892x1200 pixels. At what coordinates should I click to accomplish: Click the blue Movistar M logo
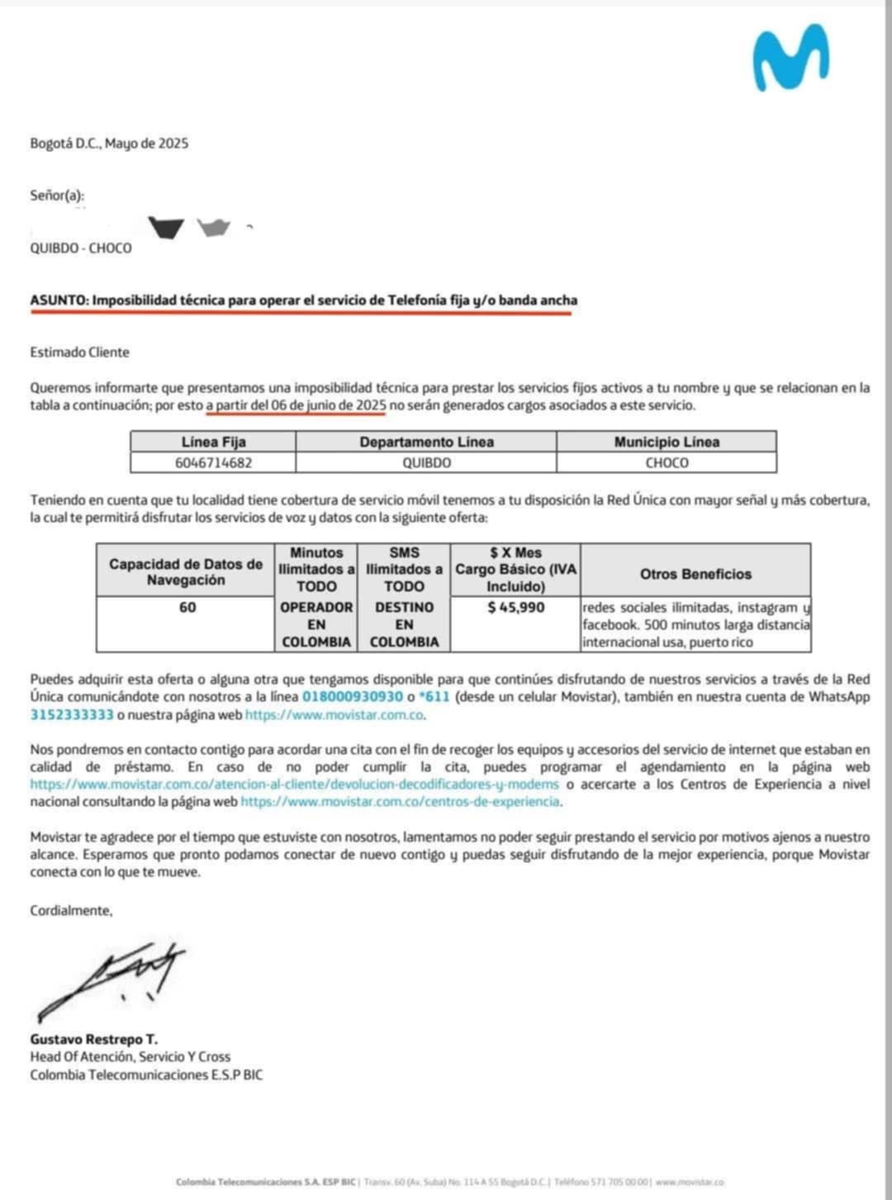click(790, 58)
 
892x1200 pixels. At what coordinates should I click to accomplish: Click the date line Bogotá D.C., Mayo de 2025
click(109, 143)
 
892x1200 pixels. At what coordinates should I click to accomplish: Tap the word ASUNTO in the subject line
click(58, 300)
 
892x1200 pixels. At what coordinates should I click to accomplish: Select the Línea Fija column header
click(213, 442)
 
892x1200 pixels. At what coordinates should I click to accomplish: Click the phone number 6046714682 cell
click(213, 462)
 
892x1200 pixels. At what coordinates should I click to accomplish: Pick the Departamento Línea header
click(426, 442)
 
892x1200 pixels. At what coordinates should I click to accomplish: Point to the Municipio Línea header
click(667, 442)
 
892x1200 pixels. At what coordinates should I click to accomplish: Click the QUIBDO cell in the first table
click(426, 462)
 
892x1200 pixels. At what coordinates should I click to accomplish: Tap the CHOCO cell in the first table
click(667, 462)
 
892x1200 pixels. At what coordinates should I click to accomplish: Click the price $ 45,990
click(515, 608)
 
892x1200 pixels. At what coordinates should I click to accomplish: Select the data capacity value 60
click(187, 608)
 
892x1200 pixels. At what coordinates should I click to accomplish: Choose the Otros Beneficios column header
click(695, 574)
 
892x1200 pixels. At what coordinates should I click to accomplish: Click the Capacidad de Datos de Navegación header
click(186, 572)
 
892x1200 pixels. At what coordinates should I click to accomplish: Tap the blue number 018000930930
click(353, 697)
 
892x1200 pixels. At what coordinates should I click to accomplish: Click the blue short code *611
click(434, 697)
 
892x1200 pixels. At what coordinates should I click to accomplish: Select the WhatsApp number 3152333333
click(72, 715)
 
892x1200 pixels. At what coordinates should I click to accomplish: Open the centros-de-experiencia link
click(400, 802)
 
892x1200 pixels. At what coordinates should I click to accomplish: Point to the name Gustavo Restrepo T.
click(94, 1039)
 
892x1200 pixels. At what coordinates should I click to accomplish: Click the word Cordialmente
click(71, 910)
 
